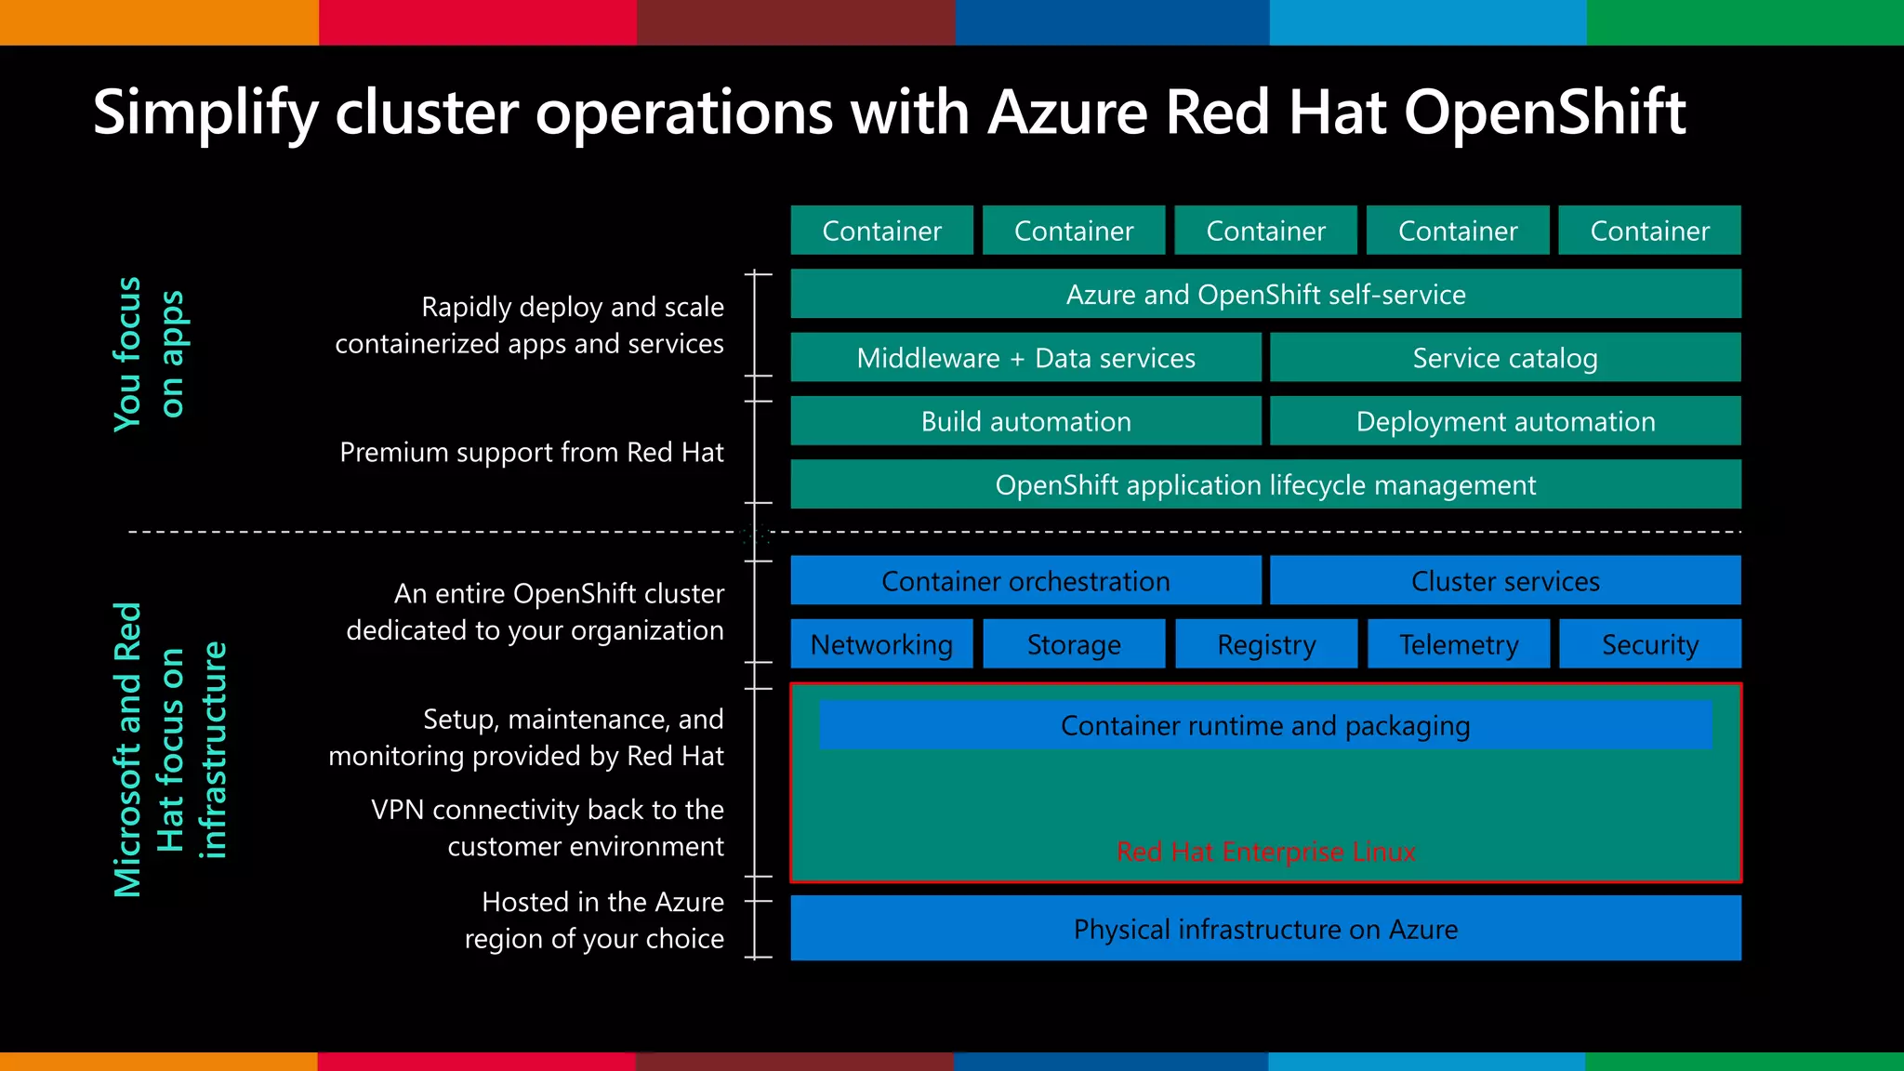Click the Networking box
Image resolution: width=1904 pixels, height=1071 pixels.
(x=881, y=643)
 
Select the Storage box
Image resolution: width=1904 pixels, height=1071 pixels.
(x=1074, y=643)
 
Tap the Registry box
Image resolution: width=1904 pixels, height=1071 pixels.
(x=1266, y=643)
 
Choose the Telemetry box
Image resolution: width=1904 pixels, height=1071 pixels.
(x=1458, y=643)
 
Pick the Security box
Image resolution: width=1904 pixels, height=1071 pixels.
(x=1649, y=643)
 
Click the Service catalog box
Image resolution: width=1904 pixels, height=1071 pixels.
(x=1505, y=358)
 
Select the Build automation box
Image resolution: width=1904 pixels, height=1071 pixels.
(x=1025, y=421)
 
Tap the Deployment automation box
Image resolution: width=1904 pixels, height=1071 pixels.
(x=1505, y=421)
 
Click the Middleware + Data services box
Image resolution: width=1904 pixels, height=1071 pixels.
(x=1025, y=358)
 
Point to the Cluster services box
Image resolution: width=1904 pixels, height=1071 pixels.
(x=1505, y=581)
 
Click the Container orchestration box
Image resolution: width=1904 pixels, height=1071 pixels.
(x=1025, y=581)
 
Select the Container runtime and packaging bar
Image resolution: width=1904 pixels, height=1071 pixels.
(x=1265, y=725)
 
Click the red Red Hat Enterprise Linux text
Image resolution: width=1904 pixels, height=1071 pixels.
(x=1265, y=852)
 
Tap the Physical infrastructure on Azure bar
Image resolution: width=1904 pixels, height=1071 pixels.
(x=1265, y=929)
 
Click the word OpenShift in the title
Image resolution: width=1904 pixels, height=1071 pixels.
(x=1544, y=112)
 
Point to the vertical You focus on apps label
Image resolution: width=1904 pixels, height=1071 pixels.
(x=149, y=354)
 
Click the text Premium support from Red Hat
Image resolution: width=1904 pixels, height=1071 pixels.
(x=531, y=452)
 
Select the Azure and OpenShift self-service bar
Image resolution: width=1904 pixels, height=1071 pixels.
(x=1265, y=295)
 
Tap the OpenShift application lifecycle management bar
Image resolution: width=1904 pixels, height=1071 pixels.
(x=1265, y=484)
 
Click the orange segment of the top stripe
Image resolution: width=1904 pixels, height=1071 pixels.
(x=159, y=22)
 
